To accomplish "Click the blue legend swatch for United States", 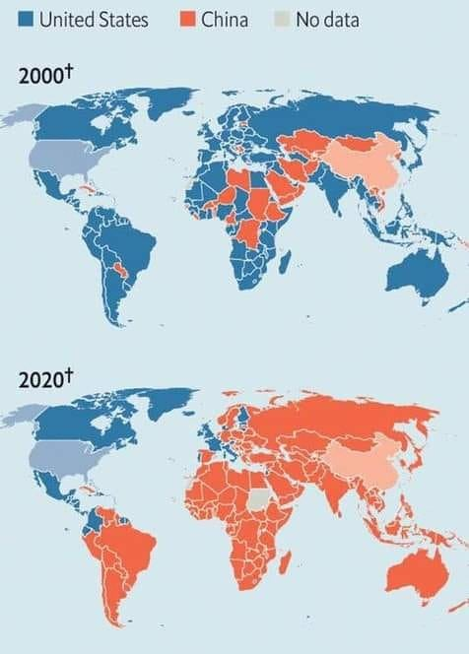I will [x=26, y=19].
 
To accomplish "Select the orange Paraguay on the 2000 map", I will [x=123, y=267].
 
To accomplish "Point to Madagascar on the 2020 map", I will [x=285, y=564].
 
